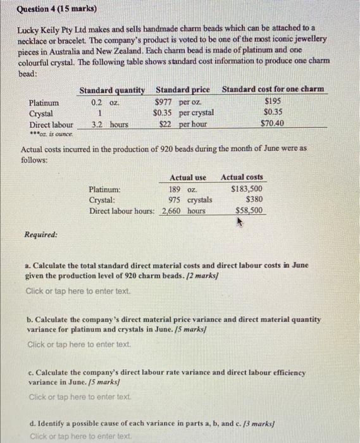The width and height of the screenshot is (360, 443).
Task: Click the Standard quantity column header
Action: click(x=112, y=90)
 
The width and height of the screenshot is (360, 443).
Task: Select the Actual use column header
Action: click(x=188, y=178)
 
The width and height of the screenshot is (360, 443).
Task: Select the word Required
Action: click(x=40, y=234)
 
